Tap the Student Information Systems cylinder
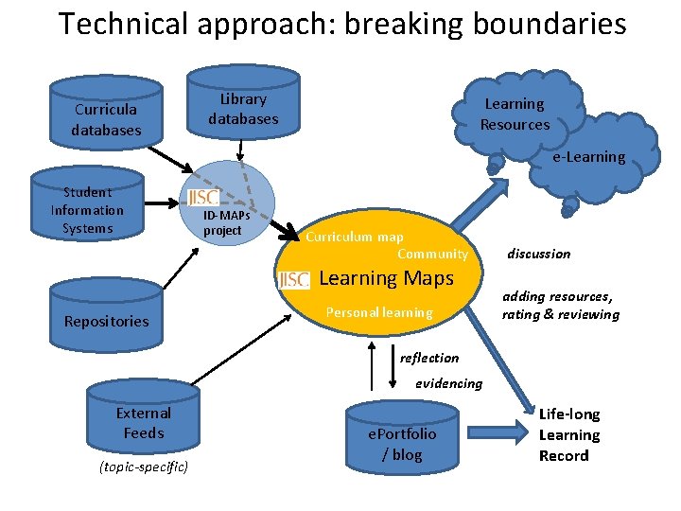pyautogui.click(x=86, y=210)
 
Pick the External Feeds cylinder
pyautogui.click(x=143, y=422)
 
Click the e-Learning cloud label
pyautogui.click(x=588, y=157)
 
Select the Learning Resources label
pyautogui.click(x=515, y=114)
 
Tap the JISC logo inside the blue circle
pyautogui.click(x=203, y=197)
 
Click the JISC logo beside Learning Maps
pyautogui.click(x=294, y=279)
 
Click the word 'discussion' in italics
pyautogui.click(x=538, y=254)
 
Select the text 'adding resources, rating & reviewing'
pyautogui.click(x=560, y=305)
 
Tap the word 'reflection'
pyautogui.click(x=428, y=358)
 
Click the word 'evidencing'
pyautogui.click(x=448, y=383)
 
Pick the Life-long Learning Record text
pyautogui.click(x=568, y=434)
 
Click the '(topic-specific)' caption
pyautogui.click(x=143, y=467)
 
